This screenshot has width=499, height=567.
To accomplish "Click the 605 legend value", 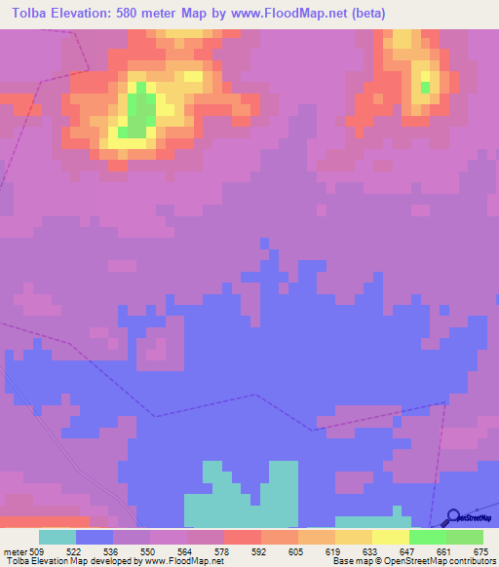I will [297, 550].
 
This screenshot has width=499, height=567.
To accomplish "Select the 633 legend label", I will [371, 550].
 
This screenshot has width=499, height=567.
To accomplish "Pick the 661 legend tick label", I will [445, 550].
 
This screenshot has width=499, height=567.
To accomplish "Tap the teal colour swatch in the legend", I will [58, 537].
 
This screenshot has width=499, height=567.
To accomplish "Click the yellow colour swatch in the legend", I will [391, 537].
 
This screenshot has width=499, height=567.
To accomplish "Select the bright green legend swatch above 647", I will [428, 537].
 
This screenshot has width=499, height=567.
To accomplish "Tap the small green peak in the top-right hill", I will [425, 87].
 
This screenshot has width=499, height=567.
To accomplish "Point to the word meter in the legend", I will [14, 550].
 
